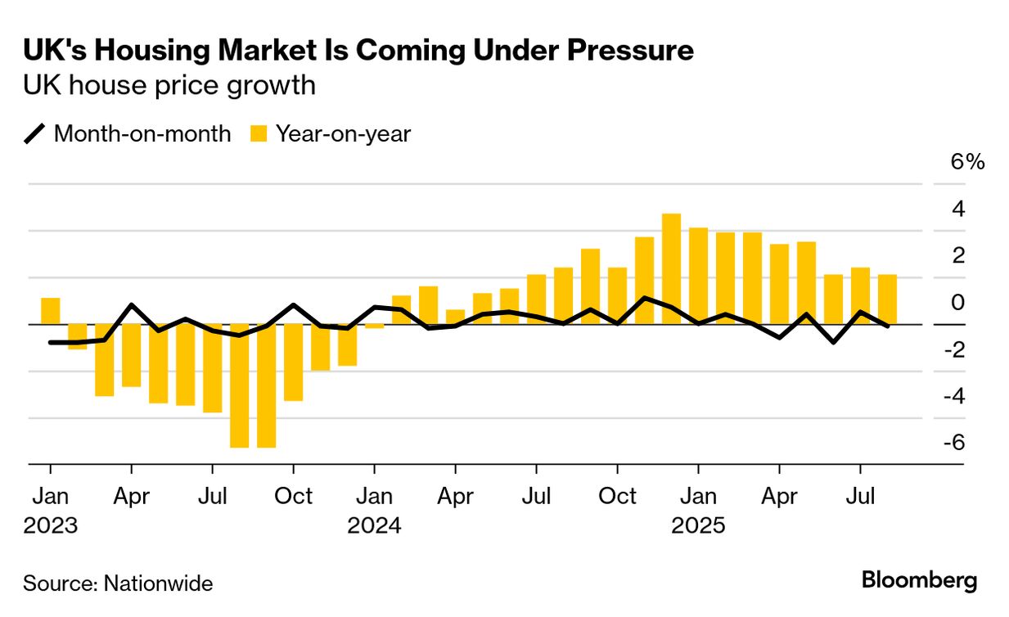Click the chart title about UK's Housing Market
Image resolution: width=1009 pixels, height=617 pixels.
click(358, 51)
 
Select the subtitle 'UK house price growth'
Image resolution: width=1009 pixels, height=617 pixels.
click(169, 85)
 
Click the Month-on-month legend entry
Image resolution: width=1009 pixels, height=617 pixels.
click(128, 133)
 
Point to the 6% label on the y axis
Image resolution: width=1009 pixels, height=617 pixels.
click(967, 162)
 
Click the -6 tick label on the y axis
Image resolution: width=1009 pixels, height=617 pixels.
click(954, 442)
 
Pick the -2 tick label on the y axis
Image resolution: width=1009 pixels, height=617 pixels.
click(954, 349)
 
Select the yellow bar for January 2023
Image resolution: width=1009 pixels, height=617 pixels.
click(51, 311)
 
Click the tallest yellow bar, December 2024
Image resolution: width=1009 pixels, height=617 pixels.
click(671, 268)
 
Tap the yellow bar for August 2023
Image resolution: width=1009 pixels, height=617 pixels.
click(240, 385)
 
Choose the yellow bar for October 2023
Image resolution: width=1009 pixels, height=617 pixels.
click(294, 363)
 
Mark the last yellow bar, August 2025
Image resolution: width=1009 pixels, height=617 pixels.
click(887, 299)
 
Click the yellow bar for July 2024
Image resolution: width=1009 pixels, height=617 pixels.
click(537, 299)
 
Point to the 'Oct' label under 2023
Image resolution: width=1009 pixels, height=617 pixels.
click(294, 497)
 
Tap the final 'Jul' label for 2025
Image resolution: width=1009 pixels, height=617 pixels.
click(860, 497)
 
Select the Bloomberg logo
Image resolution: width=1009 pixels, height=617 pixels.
click(920, 581)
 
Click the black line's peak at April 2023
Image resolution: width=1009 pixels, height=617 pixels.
click(132, 305)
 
